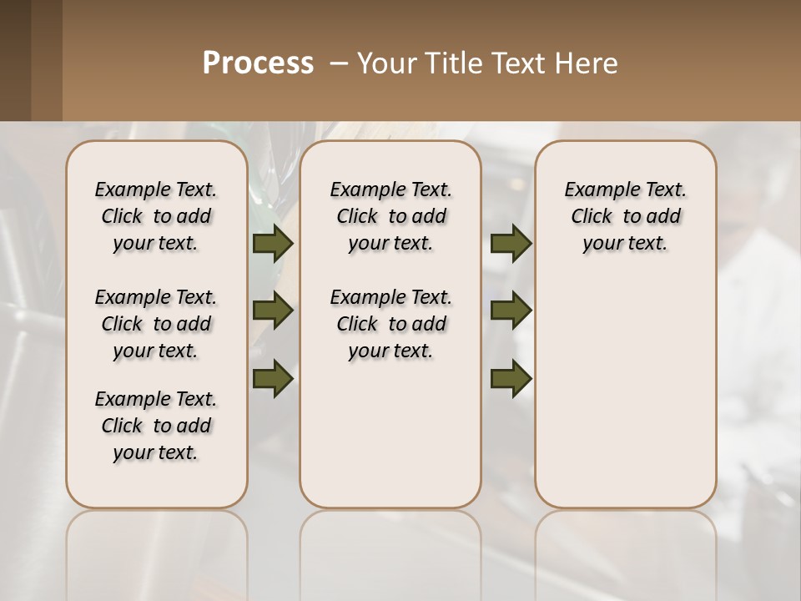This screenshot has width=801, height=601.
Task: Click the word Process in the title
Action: [258, 63]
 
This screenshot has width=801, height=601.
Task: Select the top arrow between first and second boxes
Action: [273, 243]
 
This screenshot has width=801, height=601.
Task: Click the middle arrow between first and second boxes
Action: [273, 311]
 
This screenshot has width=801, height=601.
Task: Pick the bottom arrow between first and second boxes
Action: [273, 378]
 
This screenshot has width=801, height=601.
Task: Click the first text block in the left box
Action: [156, 216]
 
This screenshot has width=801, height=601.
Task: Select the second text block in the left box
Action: [156, 324]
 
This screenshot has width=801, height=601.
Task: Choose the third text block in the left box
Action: [156, 426]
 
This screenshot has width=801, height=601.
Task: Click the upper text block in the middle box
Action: [390, 216]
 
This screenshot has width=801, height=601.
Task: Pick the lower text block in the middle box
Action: [390, 324]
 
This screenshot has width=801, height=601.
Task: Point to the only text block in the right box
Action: [626, 216]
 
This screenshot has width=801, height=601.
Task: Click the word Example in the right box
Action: [595, 190]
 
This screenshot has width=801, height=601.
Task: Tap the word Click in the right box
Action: [592, 217]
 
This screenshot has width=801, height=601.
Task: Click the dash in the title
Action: [339, 63]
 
